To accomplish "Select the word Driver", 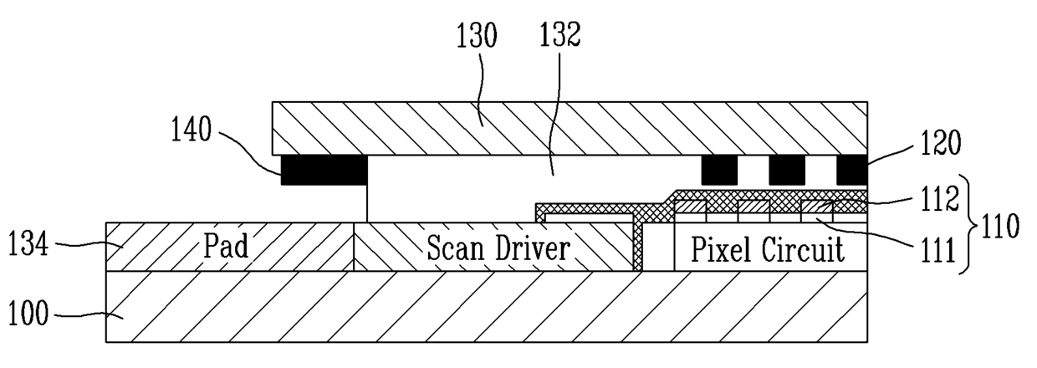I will (537, 248).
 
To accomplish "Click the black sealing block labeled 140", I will (324, 171).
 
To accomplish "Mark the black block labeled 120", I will (851, 171).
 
